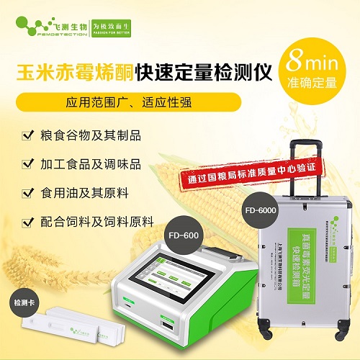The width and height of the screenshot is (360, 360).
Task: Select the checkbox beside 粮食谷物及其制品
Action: (27, 135)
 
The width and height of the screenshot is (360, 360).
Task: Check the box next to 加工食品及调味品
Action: (27, 164)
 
